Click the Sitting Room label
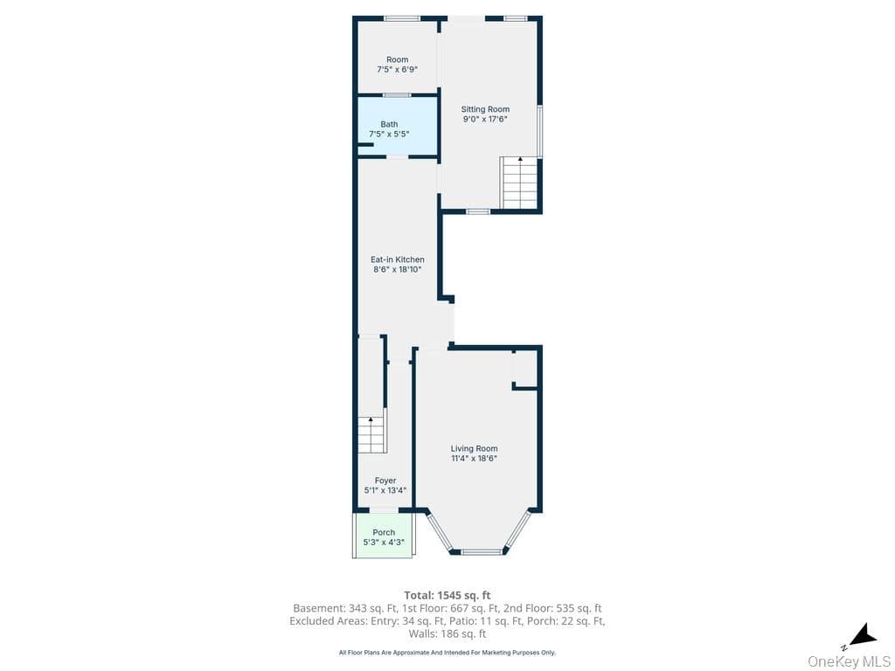tap(485, 109)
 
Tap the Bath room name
tap(389, 124)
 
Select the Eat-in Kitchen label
tap(398, 259)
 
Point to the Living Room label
tap(474, 448)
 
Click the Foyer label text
tap(385, 481)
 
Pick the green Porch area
tap(384, 536)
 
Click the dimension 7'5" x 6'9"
tap(398, 70)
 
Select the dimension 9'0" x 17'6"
tap(485, 119)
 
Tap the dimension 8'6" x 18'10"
tap(398, 269)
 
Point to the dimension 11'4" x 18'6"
tap(474, 458)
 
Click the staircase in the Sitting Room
tap(519, 183)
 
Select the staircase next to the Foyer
tap(372, 435)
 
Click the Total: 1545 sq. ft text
tap(447, 596)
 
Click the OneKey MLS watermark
tap(850, 662)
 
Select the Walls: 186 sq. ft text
tap(447, 633)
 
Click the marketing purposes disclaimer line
tap(447, 652)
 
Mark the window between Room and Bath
tap(397, 94)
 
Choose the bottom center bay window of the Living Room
tap(482, 552)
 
